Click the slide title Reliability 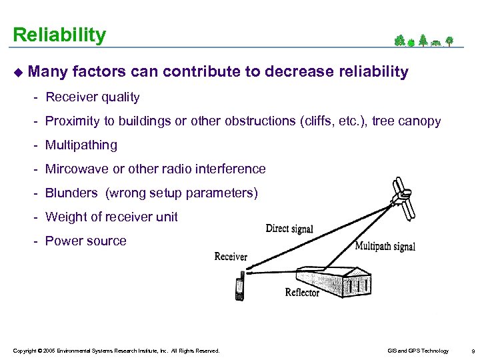[x=59, y=35]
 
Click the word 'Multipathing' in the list [x=81, y=145]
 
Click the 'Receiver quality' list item [x=92, y=97]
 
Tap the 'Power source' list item [x=85, y=241]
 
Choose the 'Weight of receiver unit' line [x=111, y=217]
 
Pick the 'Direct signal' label [x=289, y=229]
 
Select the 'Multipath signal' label [x=385, y=246]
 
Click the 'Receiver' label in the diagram [x=231, y=257]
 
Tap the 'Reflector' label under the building [x=302, y=292]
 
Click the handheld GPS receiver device [x=239, y=289]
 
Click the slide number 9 [x=472, y=351]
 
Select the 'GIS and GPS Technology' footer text [x=417, y=351]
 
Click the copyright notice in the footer [x=115, y=351]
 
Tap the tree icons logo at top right [x=423, y=41]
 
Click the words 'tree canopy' [x=406, y=121]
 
